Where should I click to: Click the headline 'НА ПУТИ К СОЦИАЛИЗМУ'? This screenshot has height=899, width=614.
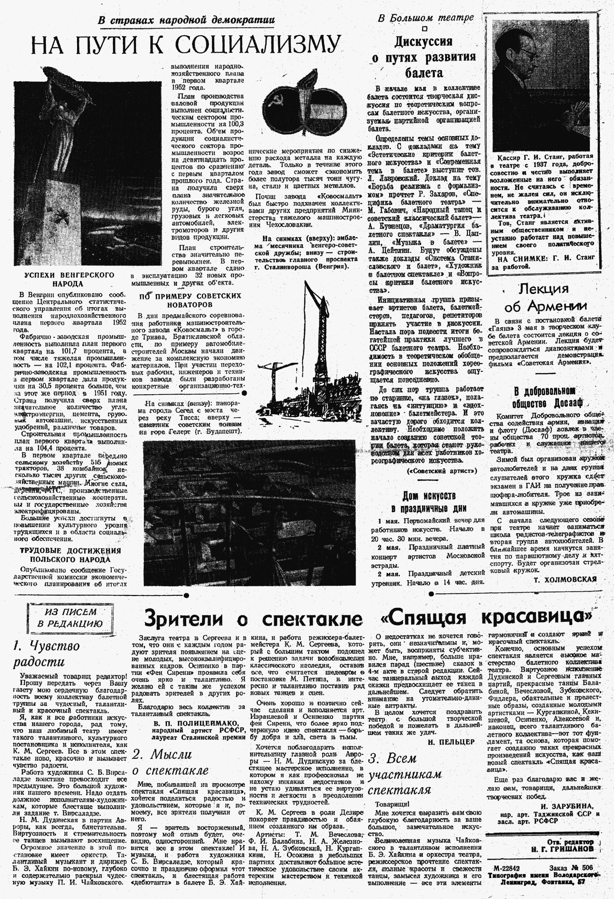(x=186, y=45)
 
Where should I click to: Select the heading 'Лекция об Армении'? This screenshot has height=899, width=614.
(x=545, y=298)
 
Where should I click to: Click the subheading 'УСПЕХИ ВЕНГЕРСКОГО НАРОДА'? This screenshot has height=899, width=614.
(x=69, y=279)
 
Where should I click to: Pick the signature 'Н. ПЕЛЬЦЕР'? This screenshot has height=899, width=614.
(x=451, y=741)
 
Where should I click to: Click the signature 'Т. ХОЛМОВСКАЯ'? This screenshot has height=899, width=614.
(x=565, y=579)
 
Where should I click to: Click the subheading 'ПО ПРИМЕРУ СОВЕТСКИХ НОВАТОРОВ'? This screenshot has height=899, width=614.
(x=190, y=300)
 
